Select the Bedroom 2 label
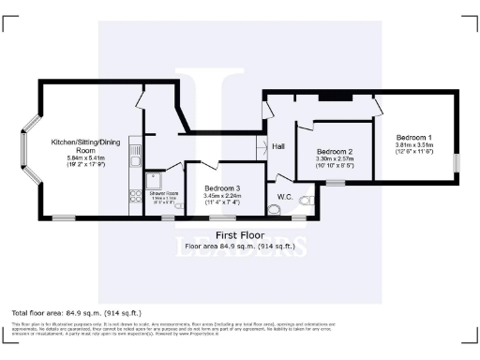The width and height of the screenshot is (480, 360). pyautogui.click(x=335, y=152)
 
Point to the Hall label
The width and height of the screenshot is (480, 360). pyautogui.click(x=278, y=147)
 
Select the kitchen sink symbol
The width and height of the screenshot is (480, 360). pyautogui.click(x=134, y=151)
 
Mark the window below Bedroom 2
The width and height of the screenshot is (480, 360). pyautogui.click(x=335, y=184)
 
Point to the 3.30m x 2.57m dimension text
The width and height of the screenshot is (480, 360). pyautogui.click(x=335, y=159)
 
